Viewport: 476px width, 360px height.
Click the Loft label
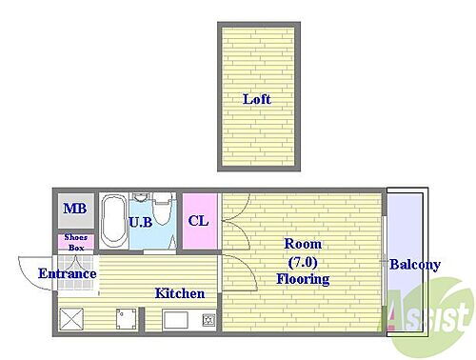click(x=257, y=99)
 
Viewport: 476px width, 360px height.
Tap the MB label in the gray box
click(x=75, y=209)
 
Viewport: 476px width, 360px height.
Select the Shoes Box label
click(x=76, y=242)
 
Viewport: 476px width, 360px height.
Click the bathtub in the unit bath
click(x=112, y=220)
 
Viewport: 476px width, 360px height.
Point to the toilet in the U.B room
click(x=163, y=209)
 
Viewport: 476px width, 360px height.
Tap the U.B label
click(x=141, y=222)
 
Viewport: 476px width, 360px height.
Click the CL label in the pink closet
click(x=198, y=221)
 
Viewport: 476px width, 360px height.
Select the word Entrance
click(x=68, y=273)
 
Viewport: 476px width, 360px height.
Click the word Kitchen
click(x=180, y=293)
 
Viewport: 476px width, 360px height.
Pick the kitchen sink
click(x=176, y=320)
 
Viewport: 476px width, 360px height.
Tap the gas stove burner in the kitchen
click(x=208, y=320)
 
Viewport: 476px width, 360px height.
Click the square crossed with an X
click(x=71, y=319)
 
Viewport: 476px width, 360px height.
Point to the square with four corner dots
click(x=126, y=319)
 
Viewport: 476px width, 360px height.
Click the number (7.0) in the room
click(x=303, y=262)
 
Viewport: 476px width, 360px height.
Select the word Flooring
click(x=303, y=279)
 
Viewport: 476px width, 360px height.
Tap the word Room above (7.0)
click(x=303, y=244)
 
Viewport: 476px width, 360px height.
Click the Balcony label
click(x=415, y=265)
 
